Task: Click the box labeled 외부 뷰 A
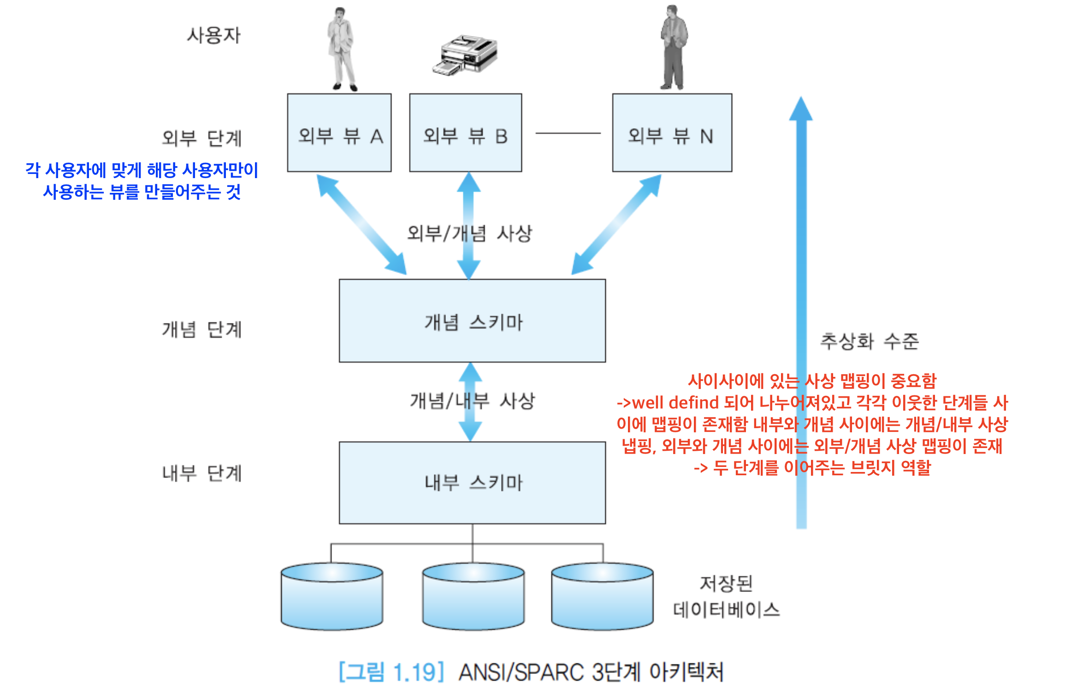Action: tap(339, 133)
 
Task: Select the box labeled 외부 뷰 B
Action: tap(466, 133)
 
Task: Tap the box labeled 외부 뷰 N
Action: tap(672, 133)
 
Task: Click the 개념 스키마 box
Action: tap(472, 321)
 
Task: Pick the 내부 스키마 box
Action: tap(472, 483)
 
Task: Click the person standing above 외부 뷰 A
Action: tap(341, 48)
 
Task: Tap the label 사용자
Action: tap(213, 36)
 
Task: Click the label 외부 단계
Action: tap(202, 138)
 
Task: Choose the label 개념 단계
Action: tap(202, 329)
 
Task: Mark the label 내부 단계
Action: tap(202, 473)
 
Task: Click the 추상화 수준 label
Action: tap(870, 341)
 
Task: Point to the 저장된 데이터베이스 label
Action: tap(726, 597)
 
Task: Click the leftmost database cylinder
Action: tap(332, 597)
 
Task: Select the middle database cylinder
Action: tap(473, 597)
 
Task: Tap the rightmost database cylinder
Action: tap(602, 597)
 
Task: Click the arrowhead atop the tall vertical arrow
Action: tap(801, 109)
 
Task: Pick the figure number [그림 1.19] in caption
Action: tap(392, 672)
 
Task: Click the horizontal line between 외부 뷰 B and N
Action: tap(568, 133)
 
